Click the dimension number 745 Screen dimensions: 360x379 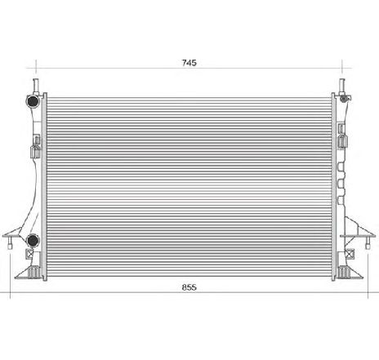tap(189, 62)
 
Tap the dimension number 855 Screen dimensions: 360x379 tap(189, 288)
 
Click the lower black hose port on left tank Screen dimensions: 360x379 tap(33, 240)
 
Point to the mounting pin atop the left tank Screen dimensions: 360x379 tap(34, 83)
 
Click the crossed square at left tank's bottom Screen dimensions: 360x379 tap(33, 255)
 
